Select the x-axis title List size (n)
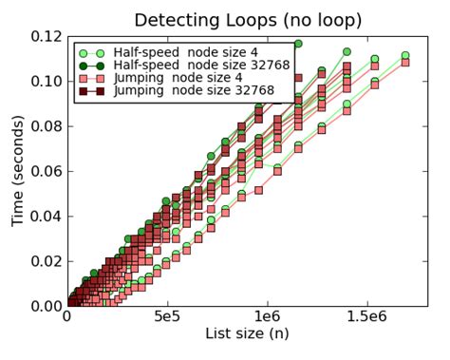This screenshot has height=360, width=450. (247, 333)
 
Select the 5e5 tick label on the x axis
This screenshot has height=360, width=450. (167, 317)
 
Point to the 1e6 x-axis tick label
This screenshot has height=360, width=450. (269, 317)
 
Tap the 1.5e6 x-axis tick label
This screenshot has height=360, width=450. (370, 317)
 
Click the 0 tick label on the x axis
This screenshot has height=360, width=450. (66, 317)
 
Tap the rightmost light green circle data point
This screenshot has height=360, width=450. (405, 56)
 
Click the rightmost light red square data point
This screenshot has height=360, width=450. (405, 62)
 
